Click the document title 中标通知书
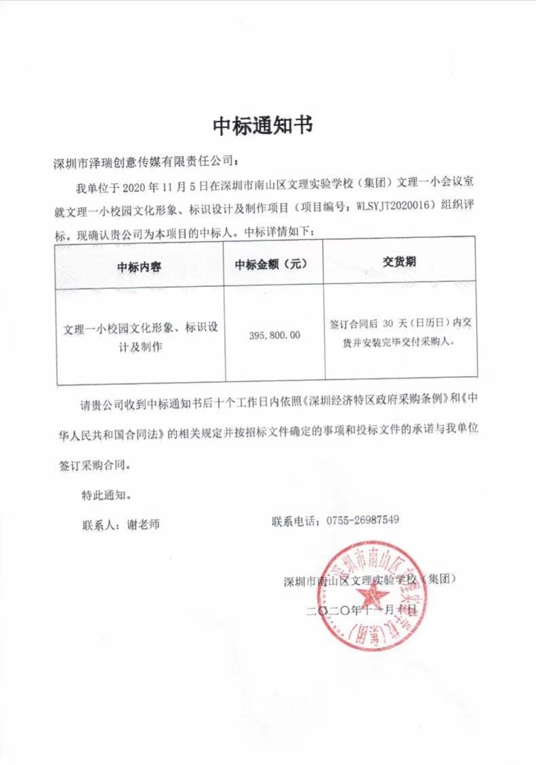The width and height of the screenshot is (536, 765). pyautogui.click(x=264, y=126)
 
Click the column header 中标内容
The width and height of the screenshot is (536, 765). pyautogui.click(x=139, y=267)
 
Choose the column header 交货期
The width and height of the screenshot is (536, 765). pyautogui.click(x=399, y=262)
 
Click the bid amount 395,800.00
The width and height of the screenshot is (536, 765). pyautogui.click(x=274, y=335)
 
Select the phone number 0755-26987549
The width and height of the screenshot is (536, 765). pyautogui.click(x=362, y=520)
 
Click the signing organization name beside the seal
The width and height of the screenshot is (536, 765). pyautogui.click(x=369, y=581)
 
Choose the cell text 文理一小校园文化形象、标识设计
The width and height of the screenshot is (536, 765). pyautogui.click(x=141, y=327)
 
